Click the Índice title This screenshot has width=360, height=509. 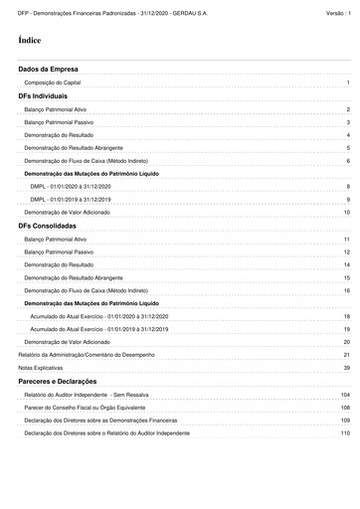[30, 41]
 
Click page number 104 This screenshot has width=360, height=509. [345, 395]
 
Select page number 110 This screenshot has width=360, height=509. [345, 433]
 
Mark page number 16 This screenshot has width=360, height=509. [346, 290]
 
